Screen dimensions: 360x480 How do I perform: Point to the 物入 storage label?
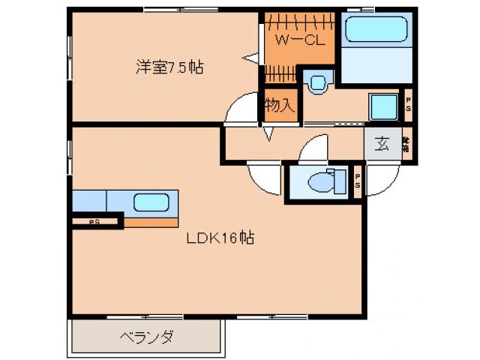point(280,105)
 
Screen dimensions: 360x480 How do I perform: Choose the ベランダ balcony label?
point(146,337)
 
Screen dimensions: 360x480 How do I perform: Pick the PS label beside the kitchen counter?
point(94,221)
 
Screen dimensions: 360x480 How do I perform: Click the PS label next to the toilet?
point(358,180)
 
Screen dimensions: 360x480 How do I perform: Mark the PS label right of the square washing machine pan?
point(407,105)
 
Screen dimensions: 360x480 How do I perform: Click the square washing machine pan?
point(383,107)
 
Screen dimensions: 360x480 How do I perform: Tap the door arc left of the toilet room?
point(265,178)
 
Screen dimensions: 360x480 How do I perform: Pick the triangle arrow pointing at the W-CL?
point(251,58)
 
